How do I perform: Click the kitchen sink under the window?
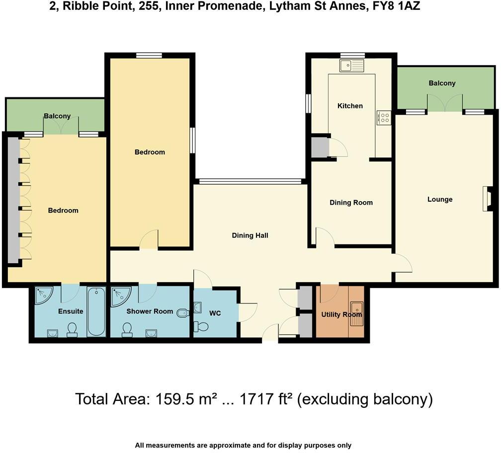(352, 65)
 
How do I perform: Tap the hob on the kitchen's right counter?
(384, 117)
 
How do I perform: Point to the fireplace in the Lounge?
(487, 199)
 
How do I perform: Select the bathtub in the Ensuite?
(96, 311)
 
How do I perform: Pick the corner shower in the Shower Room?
(120, 296)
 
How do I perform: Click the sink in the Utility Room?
(356, 313)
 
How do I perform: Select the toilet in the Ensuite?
(73, 330)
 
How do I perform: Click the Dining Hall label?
(250, 235)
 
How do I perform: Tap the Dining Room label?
(351, 203)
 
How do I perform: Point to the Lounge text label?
(440, 200)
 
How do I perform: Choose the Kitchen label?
(350, 106)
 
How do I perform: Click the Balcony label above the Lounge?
(442, 83)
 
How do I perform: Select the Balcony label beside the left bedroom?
(57, 116)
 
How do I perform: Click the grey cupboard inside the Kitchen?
(320, 147)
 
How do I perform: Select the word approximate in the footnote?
(234, 446)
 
